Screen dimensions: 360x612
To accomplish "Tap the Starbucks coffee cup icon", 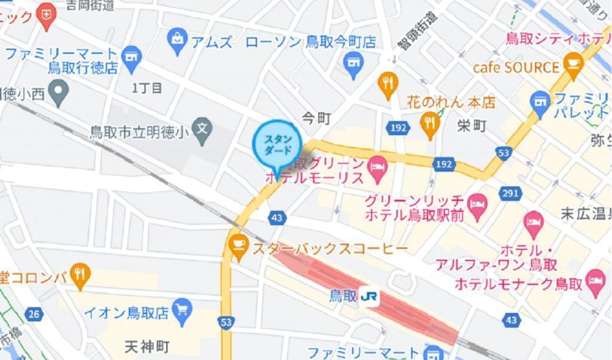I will tap(238, 243).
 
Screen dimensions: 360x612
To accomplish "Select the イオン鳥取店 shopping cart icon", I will tap(182, 308).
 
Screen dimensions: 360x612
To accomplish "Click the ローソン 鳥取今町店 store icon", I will tap(353, 63).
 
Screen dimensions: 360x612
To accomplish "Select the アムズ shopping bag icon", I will tap(177, 39).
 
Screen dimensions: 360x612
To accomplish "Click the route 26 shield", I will tap(34, 314).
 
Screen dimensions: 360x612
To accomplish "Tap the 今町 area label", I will tap(317, 119).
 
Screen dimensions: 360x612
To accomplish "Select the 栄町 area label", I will tap(472, 126).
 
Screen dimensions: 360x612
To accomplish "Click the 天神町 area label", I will tap(147, 347).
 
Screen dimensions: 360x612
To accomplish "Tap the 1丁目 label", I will tap(147, 88).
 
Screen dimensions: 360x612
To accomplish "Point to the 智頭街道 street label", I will tap(418, 31).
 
